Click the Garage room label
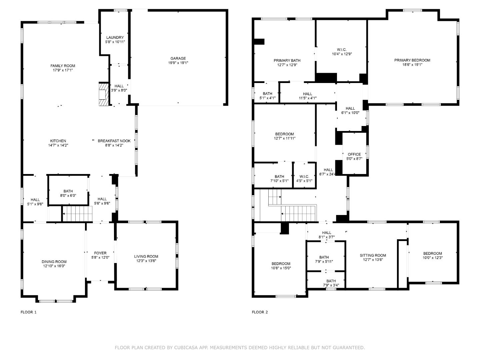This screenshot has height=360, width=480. click(x=178, y=58)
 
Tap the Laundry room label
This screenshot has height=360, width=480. click(x=115, y=37)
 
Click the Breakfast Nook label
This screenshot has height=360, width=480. click(x=114, y=141)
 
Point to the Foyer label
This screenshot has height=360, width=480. click(x=100, y=253)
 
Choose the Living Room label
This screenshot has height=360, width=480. click(x=146, y=256)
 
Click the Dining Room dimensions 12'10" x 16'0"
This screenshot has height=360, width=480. click(x=54, y=266)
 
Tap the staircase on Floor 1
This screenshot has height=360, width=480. click(x=77, y=214)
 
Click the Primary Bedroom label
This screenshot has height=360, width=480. click(x=412, y=60)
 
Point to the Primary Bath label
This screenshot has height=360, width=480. click(x=287, y=60)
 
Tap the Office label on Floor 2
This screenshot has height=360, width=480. click(x=354, y=154)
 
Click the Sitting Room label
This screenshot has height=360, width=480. click(x=373, y=255)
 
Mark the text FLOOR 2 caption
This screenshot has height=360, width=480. click(x=260, y=312)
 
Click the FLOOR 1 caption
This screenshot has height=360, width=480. click(x=29, y=312)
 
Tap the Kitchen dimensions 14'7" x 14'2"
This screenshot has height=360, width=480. click(x=58, y=145)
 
